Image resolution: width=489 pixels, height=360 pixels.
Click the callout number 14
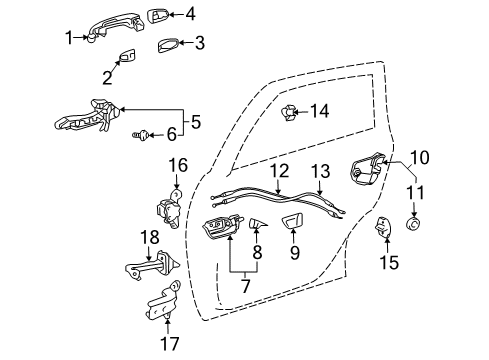point(319,111)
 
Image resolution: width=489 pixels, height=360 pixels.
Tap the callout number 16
point(177,165)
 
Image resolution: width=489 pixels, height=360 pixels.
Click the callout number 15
point(390,263)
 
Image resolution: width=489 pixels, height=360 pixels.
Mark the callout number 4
point(190,14)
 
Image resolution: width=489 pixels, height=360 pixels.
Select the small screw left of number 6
point(141,132)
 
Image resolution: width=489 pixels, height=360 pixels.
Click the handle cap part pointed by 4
point(160,14)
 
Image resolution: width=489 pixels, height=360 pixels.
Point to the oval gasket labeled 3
point(167,44)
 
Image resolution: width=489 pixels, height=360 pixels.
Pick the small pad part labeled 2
point(128,58)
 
